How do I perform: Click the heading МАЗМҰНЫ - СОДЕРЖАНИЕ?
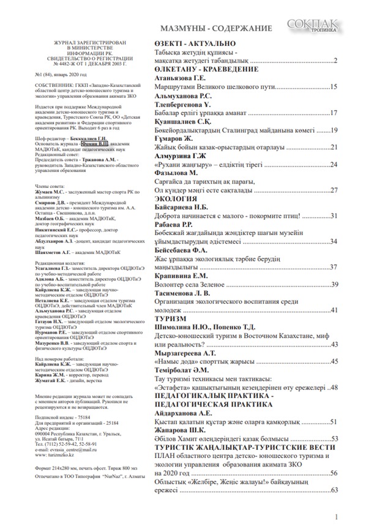(x=216, y=29)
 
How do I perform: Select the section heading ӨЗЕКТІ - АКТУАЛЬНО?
(x=195, y=43)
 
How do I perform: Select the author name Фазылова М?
(x=181, y=173)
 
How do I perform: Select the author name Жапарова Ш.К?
(x=184, y=430)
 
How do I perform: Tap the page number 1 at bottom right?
(x=337, y=518)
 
